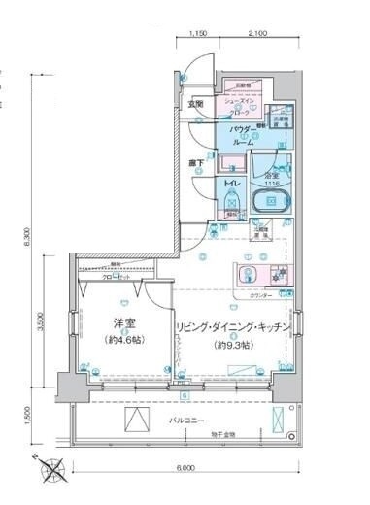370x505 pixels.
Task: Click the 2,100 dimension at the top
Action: [257, 33]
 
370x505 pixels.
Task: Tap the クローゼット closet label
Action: [118, 275]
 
